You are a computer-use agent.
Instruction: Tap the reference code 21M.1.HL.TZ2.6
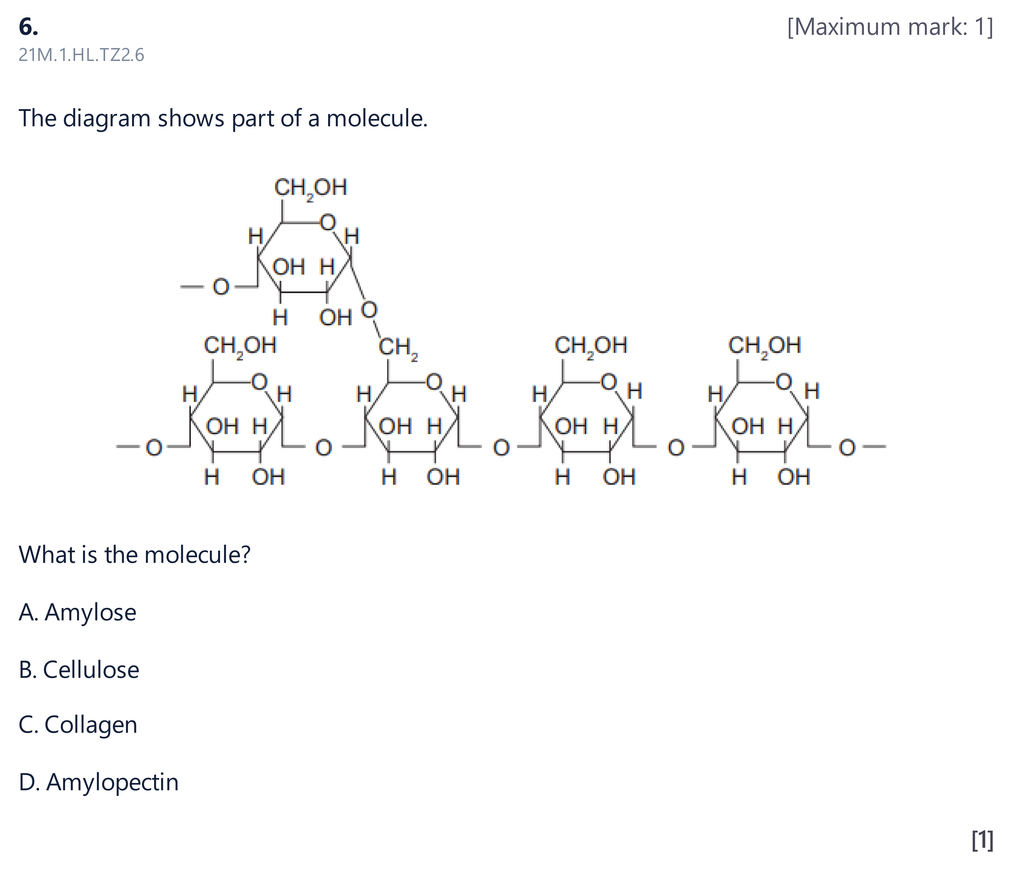click(x=81, y=55)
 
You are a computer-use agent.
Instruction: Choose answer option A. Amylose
click(x=77, y=612)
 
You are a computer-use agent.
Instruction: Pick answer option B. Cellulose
click(x=79, y=670)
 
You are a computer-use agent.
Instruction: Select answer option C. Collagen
click(x=78, y=725)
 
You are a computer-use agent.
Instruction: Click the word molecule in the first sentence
click(x=377, y=119)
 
